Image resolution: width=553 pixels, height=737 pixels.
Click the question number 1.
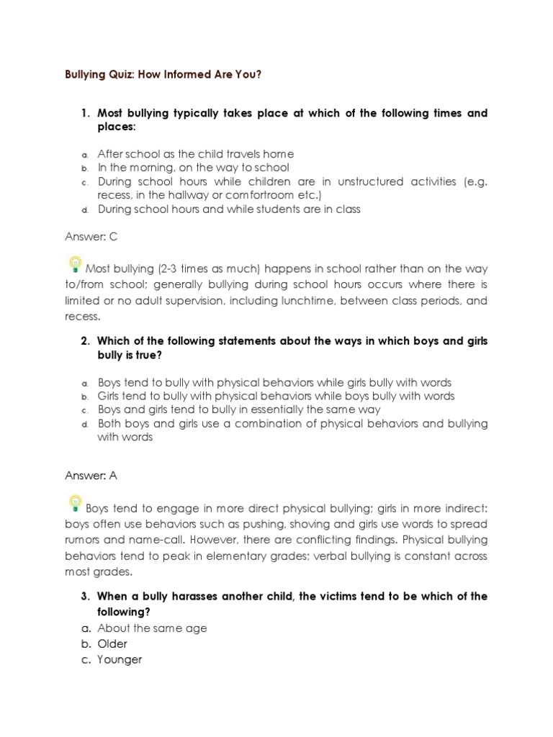pos(84,113)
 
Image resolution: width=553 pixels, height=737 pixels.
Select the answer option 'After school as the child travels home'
pos(195,154)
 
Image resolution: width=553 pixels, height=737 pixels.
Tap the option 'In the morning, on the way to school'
pos(193,168)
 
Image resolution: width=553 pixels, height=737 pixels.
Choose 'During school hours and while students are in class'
pos(229,209)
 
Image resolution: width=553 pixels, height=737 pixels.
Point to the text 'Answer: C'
pos(91,237)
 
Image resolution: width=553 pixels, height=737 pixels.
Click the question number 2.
pos(84,340)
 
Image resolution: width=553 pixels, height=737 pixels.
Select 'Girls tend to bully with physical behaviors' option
pos(276,396)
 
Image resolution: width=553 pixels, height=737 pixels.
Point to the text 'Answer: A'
pos(91,475)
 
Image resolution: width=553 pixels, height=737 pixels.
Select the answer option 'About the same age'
pos(152,628)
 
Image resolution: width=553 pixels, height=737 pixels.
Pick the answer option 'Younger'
pos(120,659)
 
